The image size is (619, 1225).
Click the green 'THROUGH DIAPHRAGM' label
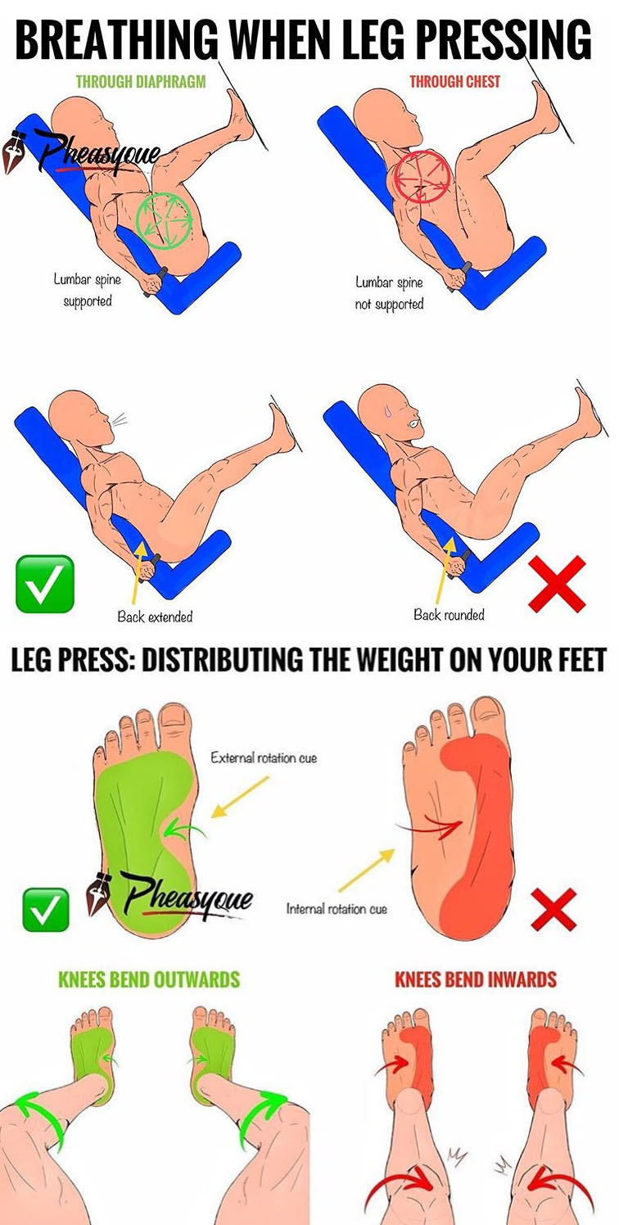[141, 82]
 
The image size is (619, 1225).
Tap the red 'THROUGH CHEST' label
[455, 82]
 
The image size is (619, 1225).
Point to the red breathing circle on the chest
[423, 177]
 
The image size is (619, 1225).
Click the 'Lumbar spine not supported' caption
[390, 293]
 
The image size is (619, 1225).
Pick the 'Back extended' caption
[155, 617]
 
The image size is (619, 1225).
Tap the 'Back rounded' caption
[449, 615]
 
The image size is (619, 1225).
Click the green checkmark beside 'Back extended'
[44, 584]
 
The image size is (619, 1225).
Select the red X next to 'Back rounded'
[558, 584]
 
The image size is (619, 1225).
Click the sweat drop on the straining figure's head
[387, 410]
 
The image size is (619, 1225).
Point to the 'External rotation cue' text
[264, 758]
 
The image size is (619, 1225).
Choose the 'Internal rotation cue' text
[337, 909]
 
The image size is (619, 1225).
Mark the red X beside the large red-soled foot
[553, 910]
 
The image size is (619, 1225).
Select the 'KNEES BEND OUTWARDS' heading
[149, 979]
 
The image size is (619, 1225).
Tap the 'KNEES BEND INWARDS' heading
[475, 979]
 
